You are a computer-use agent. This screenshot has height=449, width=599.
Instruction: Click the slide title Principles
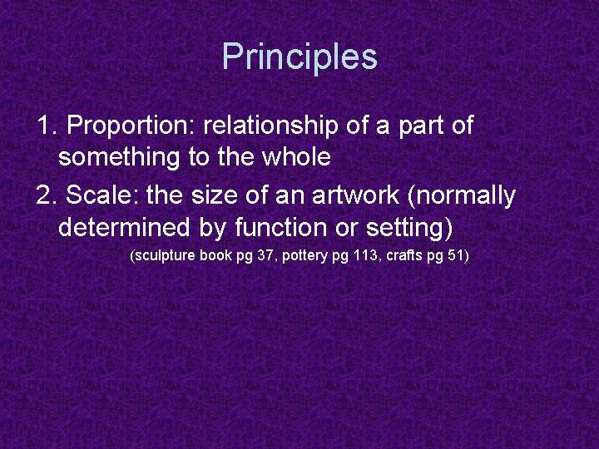(x=299, y=57)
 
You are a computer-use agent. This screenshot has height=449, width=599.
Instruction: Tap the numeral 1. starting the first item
(x=47, y=126)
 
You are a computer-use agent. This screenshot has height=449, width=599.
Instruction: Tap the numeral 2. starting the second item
(x=47, y=195)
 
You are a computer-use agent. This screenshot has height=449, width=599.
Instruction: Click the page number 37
(x=265, y=255)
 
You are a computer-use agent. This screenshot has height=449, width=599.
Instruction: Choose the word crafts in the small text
(x=403, y=255)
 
